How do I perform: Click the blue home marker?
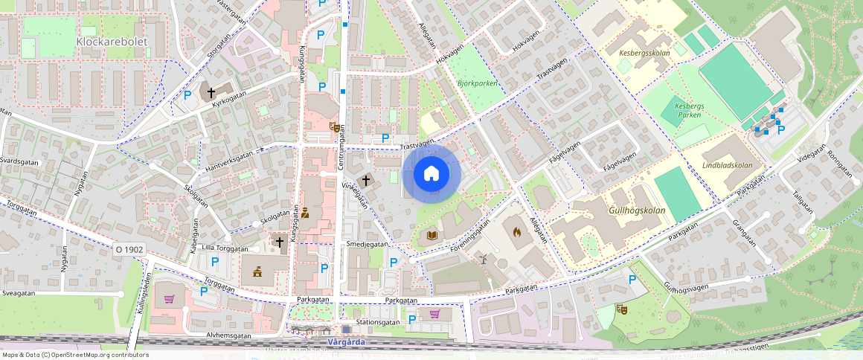click(x=431, y=174)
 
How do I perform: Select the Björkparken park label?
click(x=477, y=84)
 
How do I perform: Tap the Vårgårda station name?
click(x=347, y=342)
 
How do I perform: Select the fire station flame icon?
click(x=517, y=231)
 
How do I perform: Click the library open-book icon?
click(x=431, y=236)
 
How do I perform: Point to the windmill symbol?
click(x=483, y=259)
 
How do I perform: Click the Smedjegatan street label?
click(x=367, y=244)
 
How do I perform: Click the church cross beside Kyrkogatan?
click(x=211, y=94)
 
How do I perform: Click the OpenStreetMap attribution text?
click(x=74, y=355)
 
